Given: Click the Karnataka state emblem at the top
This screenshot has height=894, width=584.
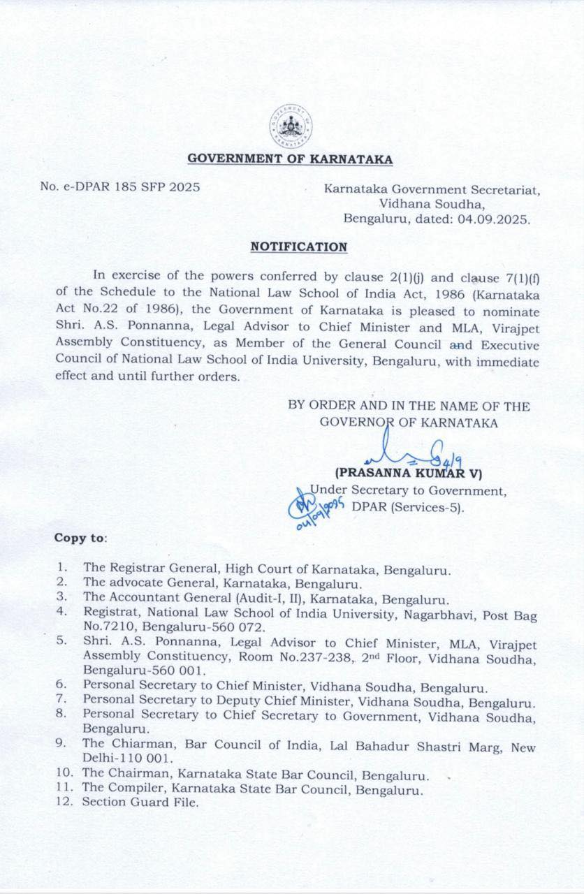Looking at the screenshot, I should (291, 126).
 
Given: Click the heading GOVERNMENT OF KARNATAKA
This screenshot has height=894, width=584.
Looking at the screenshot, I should (290, 159).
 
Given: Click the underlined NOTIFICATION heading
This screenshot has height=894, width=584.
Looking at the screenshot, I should (299, 247).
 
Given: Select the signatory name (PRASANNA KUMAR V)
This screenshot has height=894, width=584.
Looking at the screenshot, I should (409, 474).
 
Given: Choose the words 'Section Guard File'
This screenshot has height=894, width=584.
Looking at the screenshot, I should (140, 802).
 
